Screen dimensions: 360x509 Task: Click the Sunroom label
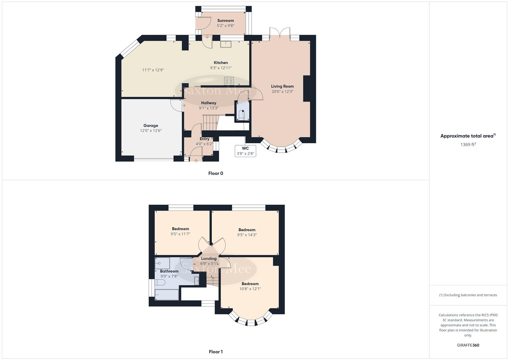pyautogui.click(x=225, y=21)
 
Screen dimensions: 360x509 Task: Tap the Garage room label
pyautogui.click(x=151, y=126)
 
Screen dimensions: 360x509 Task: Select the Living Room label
pyautogui.click(x=282, y=86)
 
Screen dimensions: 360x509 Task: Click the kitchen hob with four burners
pyautogui.click(x=229, y=81)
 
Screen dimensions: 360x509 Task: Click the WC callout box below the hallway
pyautogui.click(x=245, y=151)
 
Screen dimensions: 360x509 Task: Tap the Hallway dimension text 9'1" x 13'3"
pyautogui.click(x=209, y=108)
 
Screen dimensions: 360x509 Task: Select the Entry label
pyautogui.click(x=204, y=139)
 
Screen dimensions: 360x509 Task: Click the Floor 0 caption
pyautogui.click(x=216, y=173)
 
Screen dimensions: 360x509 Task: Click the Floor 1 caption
pyautogui.click(x=216, y=352)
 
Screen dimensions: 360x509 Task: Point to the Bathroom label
pyautogui.click(x=169, y=271)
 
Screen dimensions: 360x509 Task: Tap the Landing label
pyautogui.click(x=209, y=259)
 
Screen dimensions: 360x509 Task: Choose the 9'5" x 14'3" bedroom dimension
pyautogui.click(x=247, y=235)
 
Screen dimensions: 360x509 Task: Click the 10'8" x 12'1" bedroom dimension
pyautogui.click(x=250, y=289)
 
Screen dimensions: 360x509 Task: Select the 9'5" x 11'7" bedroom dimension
pyautogui.click(x=180, y=234)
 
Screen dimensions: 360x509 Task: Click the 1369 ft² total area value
pyautogui.click(x=468, y=145)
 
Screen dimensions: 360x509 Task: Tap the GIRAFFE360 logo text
pyautogui.click(x=468, y=345)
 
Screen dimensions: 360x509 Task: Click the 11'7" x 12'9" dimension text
pyautogui.click(x=153, y=70)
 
